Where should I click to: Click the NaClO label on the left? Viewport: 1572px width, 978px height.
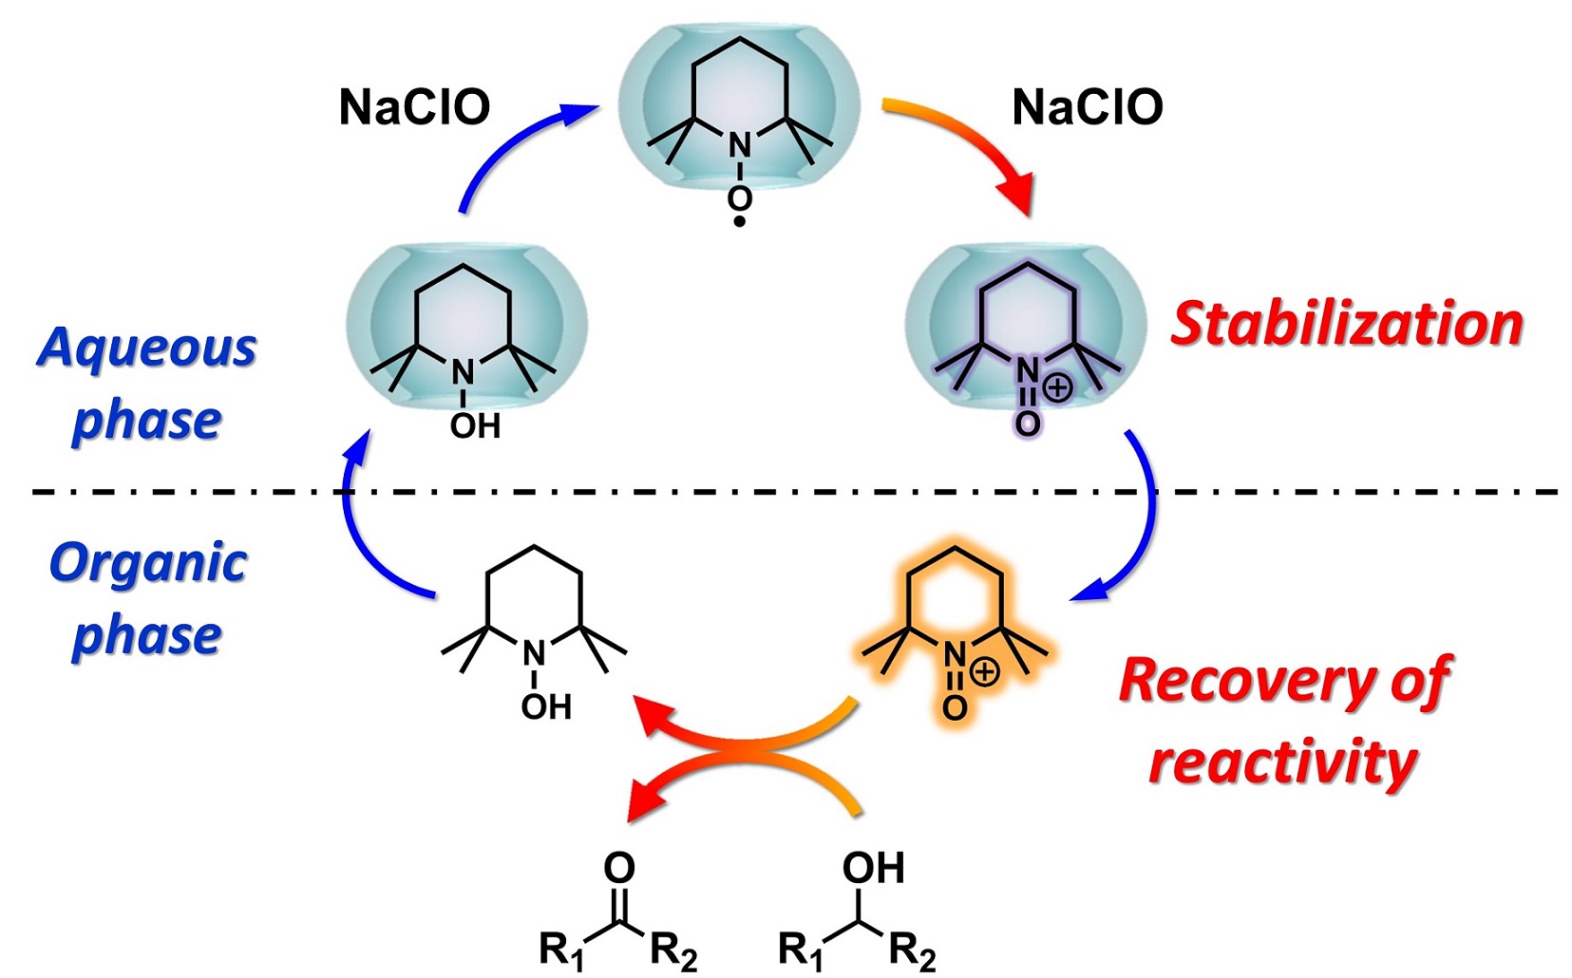point(414,107)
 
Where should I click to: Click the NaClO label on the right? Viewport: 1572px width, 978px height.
point(1088,107)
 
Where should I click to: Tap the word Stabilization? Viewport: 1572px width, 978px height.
point(1346,325)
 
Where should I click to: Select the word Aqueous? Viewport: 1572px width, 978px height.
point(147,348)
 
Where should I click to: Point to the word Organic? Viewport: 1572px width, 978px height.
point(148,563)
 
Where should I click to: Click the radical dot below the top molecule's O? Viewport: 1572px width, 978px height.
point(740,223)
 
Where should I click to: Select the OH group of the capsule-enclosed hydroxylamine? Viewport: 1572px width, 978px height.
point(475,426)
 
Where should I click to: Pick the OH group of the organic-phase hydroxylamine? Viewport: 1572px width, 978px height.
point(546,707)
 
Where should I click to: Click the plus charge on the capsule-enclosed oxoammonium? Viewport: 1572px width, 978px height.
point(1058,387)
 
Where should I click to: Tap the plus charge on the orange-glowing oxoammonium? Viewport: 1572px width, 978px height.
point(985,672)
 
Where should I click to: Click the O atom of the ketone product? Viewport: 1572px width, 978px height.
point(619,867)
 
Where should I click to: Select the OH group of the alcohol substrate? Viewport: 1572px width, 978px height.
point(873,868)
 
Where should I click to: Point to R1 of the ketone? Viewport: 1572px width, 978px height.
point(561,950)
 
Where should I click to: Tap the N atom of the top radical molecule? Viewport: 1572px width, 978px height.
point(739,146)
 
